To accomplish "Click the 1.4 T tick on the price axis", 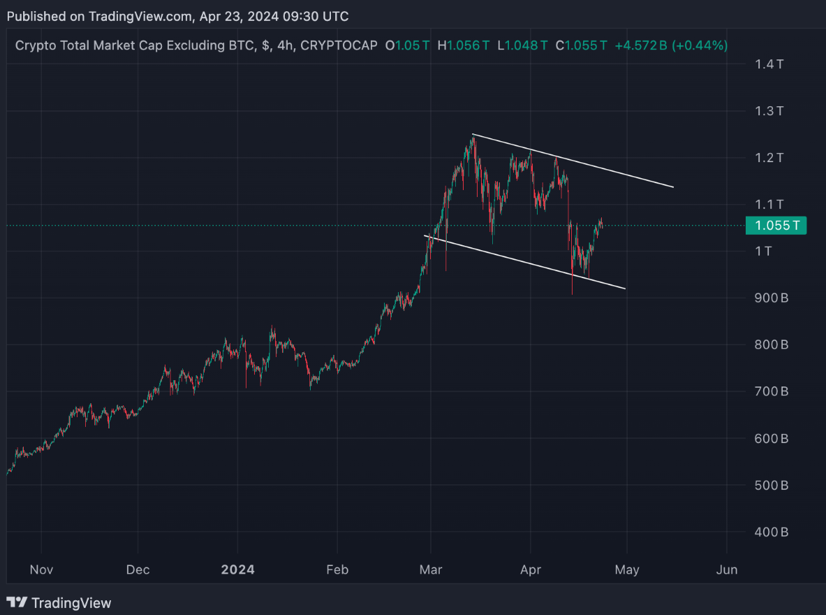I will click(x=769, y=64).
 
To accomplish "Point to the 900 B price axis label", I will click(x=772, y=298).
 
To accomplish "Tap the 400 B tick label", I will click(x=772, y=533).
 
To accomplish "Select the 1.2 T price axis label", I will click(x=769, y=158).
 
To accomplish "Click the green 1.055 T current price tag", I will click(x=776, y=226).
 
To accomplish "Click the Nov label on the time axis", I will click(x=41, y=570).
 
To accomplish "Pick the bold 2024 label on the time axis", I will click(x=237, y=570).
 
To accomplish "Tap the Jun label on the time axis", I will click(x=727, y=570).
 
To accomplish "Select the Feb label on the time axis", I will click(x=337, y=570).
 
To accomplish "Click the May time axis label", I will click(x=627, y=570).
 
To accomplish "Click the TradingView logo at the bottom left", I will click(x=59, y=602).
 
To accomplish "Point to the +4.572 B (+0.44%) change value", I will click(x=671, y=45).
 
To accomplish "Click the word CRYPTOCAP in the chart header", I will click(x=339, y=45).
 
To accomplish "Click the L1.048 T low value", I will click(x=523, y=45).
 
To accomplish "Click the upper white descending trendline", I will click(x=573, y=161).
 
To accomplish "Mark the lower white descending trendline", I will click(x=524, y=261).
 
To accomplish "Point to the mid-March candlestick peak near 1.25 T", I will click(x=473, y=138).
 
